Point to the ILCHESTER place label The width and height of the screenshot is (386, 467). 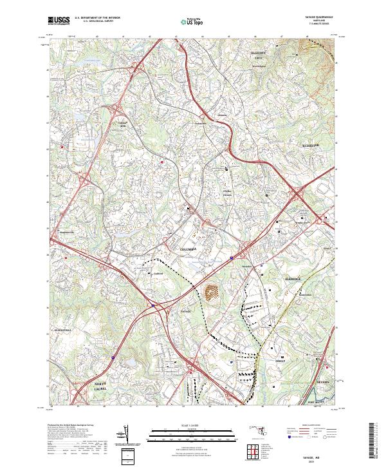pyautogui.click(x=311, y=146)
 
